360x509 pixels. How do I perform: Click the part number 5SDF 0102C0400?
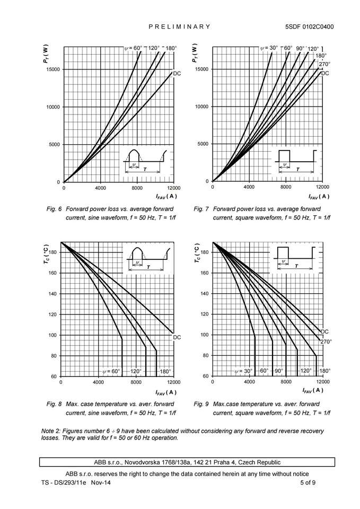pyautogui.click(x=309, y=27)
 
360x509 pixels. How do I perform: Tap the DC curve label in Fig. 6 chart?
pyautogui.click(x=178, y=73)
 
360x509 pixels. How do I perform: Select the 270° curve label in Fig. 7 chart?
pyautogui.click(x=324, y=64)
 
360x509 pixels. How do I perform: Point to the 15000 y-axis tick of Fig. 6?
pyautogui.click(x=53, y=69)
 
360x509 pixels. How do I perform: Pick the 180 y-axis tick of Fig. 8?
pyautogui.click(x=52, y=252)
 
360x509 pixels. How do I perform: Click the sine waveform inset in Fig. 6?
pyautogui.click(x=144, y=161)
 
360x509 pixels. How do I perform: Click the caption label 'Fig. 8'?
pyautogui.click(x=54, y=404)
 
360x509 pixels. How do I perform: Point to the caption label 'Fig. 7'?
pyautogui.click(x=203, y=209)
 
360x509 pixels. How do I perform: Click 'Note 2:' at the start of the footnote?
pyautogui.click(x=51, y=430)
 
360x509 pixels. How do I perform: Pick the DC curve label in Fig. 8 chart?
pyautogui.click(x=177, y=337)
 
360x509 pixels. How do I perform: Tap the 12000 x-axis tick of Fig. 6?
pyautogui.click(x=174, y=188)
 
